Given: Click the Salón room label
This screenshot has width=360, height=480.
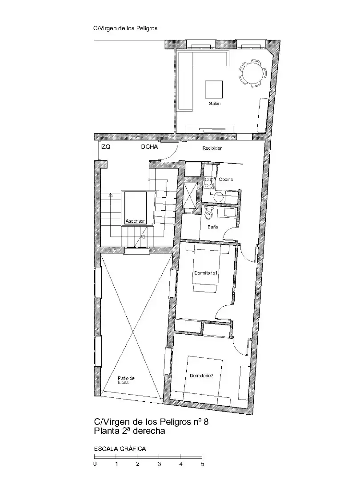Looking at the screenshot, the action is tap(215, 104).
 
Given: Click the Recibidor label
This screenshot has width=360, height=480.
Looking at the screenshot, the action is tap(212, 148).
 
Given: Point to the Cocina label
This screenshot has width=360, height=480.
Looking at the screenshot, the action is tap(226, 180).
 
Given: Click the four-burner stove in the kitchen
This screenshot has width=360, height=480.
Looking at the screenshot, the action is tap(209, 183).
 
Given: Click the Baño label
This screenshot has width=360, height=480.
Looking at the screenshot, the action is tap(213, 227).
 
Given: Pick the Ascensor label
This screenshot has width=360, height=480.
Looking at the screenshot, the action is tap(135, 221).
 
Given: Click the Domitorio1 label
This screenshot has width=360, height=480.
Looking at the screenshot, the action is tap(206, 273).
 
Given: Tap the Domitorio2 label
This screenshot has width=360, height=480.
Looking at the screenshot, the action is tap(201, 376).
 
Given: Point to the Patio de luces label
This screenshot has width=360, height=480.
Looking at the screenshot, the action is tap(126, 380).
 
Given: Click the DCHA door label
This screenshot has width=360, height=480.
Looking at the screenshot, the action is tap(149, 147).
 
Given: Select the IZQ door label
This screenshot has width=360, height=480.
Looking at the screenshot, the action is tap(105, 147).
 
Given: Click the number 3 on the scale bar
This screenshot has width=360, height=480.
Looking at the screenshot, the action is tap(159, 464).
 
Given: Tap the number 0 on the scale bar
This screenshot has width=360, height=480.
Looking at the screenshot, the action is tap(95, 464).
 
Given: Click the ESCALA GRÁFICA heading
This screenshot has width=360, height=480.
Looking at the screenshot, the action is tap(120, 449).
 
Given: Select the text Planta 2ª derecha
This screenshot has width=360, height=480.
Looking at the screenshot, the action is tap(129, 431).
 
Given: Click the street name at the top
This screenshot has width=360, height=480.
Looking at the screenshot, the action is tap(125, 28).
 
